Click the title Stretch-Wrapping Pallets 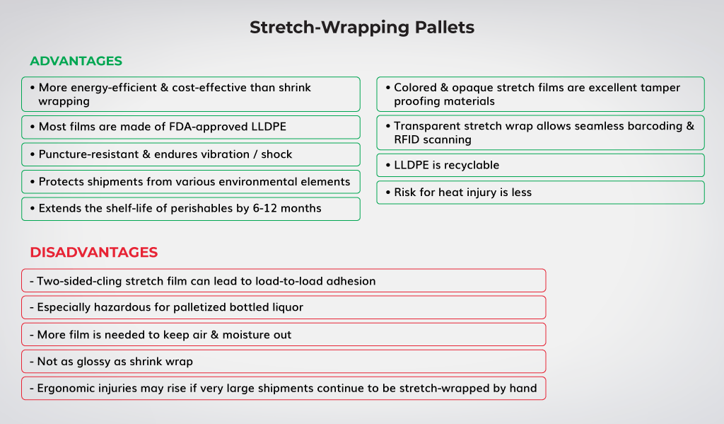(362, 28)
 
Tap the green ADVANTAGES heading (76, 61)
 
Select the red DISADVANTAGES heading (94, 252)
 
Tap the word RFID (406, 139)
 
